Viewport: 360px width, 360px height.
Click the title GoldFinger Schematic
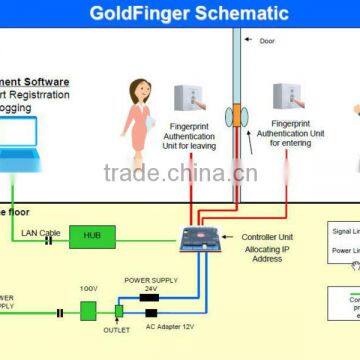click(x=189, y=14)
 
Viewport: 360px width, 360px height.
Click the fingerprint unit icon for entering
click(x=287, y=98)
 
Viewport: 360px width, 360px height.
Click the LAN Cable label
click(x=41, y=233)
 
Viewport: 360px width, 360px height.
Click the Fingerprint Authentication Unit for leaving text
click(x=189, y=134)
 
